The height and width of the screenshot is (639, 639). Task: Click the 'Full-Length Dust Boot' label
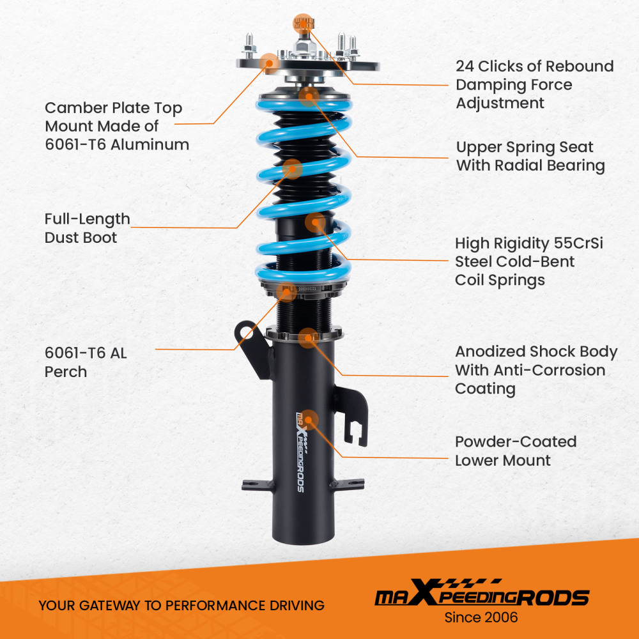(87, 228)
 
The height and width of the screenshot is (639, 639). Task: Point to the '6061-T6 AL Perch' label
(86, 362)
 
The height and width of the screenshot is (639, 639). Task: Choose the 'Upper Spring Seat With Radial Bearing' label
(530, 157)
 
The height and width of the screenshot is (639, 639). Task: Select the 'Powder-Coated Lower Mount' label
(515, 450)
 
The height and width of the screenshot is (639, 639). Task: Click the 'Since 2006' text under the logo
(481, 617)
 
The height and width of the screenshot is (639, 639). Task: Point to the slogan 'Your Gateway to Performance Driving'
(181, 604)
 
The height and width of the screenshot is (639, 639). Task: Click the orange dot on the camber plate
(270, 62)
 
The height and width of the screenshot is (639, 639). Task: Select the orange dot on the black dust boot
(292, 169)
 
